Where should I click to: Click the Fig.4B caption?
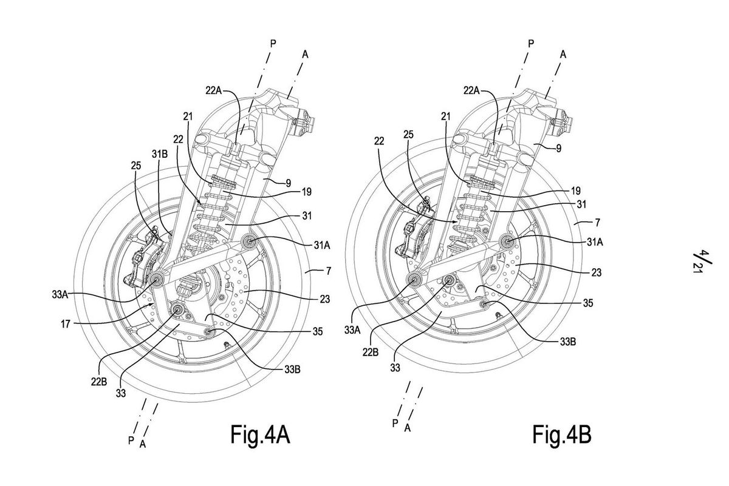pos(561,435)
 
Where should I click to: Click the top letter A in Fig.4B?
pos(563,54)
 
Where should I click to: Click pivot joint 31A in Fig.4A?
pos(249,242)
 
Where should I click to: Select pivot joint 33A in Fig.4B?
pos(415,279)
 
